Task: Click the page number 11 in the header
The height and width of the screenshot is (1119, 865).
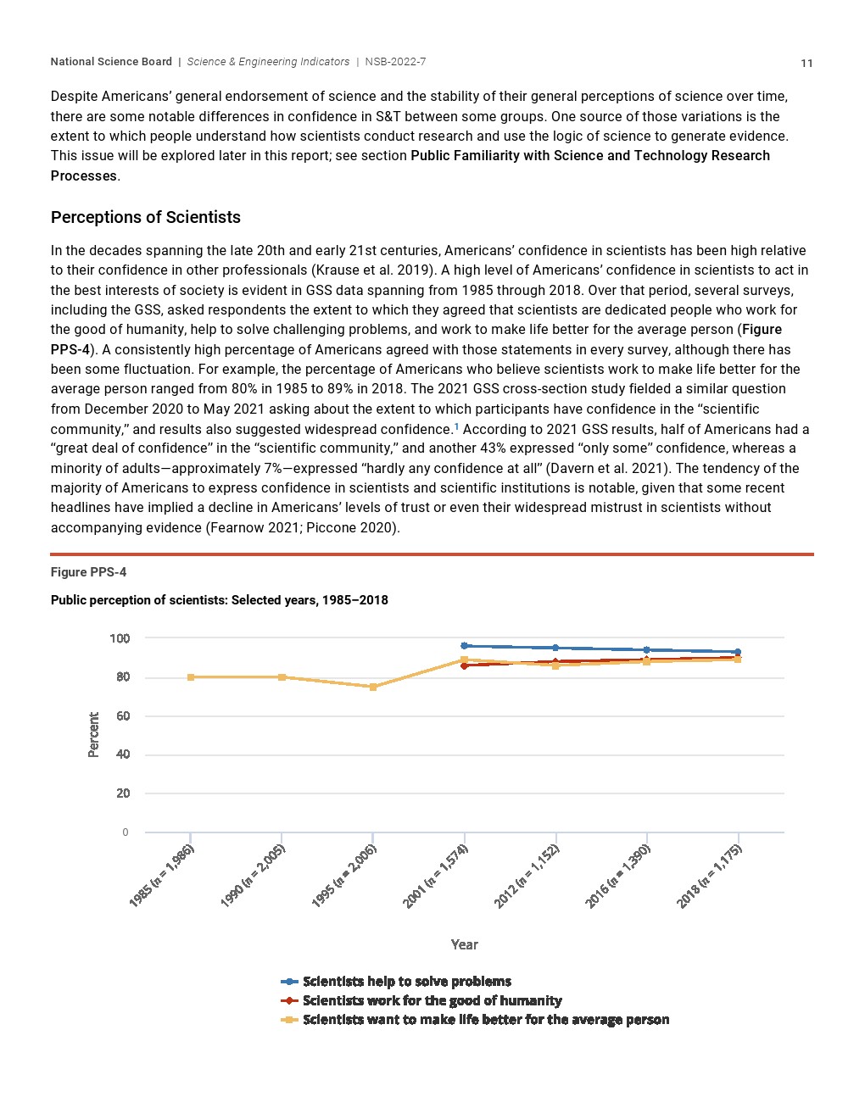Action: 806,64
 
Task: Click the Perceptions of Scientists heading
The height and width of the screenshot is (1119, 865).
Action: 146,218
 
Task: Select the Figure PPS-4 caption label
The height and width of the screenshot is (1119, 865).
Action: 88,572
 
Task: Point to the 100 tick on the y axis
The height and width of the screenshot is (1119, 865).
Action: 120,638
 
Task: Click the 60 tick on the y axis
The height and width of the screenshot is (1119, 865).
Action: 123,716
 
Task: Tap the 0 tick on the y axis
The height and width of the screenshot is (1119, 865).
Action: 126,832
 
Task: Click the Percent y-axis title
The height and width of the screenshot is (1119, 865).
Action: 93,734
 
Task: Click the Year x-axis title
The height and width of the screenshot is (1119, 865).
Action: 464,944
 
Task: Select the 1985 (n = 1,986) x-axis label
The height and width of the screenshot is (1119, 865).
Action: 162,877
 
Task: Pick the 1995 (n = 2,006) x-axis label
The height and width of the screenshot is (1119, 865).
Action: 344,877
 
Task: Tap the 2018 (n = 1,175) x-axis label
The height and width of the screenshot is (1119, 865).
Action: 709,877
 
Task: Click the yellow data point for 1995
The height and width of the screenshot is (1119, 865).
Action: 373,687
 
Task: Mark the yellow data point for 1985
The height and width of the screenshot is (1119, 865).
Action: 191,677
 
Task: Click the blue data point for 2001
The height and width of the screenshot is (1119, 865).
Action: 464,646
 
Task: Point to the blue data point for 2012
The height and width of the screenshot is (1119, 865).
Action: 555,648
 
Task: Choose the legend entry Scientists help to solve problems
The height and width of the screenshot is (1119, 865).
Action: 406,982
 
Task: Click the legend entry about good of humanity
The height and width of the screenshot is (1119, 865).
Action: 432,1001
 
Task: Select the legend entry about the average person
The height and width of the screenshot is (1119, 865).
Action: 485,1020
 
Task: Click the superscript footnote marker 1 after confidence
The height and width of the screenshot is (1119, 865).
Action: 457,426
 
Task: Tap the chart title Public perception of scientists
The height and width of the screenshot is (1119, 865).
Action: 219,600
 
